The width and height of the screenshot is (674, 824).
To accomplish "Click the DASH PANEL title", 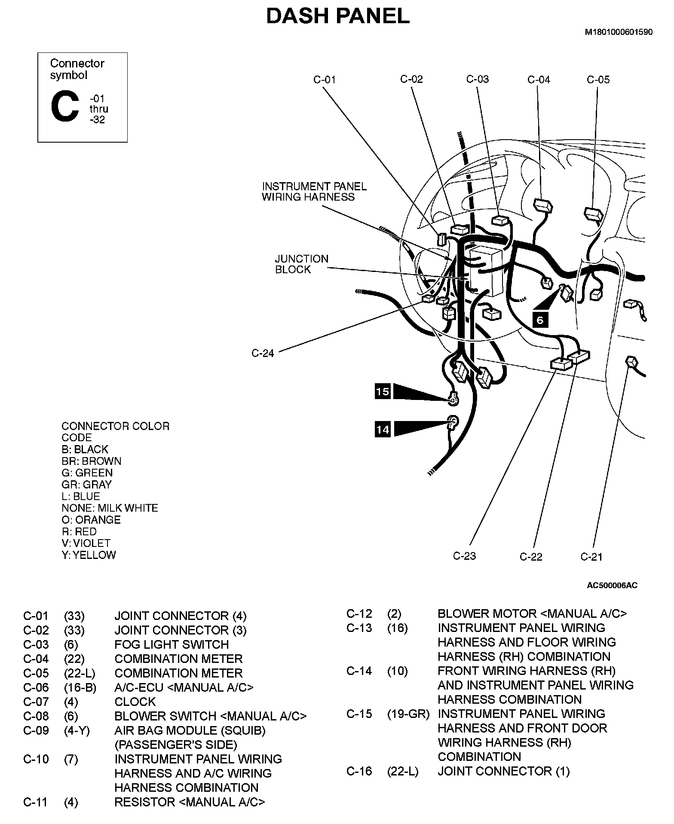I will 337,17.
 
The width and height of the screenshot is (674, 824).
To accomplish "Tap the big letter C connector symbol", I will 65,107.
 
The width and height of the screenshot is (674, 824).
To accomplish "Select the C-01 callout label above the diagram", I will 324,80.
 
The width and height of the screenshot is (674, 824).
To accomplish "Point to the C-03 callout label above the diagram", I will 477,79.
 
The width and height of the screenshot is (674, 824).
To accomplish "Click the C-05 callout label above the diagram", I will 598,79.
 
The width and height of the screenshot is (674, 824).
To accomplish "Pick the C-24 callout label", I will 262,353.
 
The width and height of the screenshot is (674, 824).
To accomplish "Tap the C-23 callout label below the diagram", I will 464,556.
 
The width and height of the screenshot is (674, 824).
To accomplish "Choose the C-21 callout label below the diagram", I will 591,557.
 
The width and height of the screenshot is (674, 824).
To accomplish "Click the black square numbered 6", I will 540,320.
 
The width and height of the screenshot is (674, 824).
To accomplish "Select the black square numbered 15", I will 382,391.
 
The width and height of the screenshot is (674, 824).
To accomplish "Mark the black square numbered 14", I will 383,429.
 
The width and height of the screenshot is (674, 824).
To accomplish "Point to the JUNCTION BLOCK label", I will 301,264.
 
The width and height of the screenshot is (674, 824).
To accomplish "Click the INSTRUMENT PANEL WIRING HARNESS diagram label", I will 314,192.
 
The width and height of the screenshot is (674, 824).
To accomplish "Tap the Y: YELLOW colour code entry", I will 89,555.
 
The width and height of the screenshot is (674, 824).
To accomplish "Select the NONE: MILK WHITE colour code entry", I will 110,508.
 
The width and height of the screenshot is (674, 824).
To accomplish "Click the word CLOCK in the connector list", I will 135,702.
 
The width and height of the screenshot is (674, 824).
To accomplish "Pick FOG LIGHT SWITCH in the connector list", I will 171,644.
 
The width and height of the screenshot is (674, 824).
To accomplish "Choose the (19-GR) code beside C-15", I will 408,714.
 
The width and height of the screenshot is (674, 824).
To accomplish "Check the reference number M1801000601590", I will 618,32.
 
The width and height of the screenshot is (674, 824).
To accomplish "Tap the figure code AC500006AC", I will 612,585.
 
